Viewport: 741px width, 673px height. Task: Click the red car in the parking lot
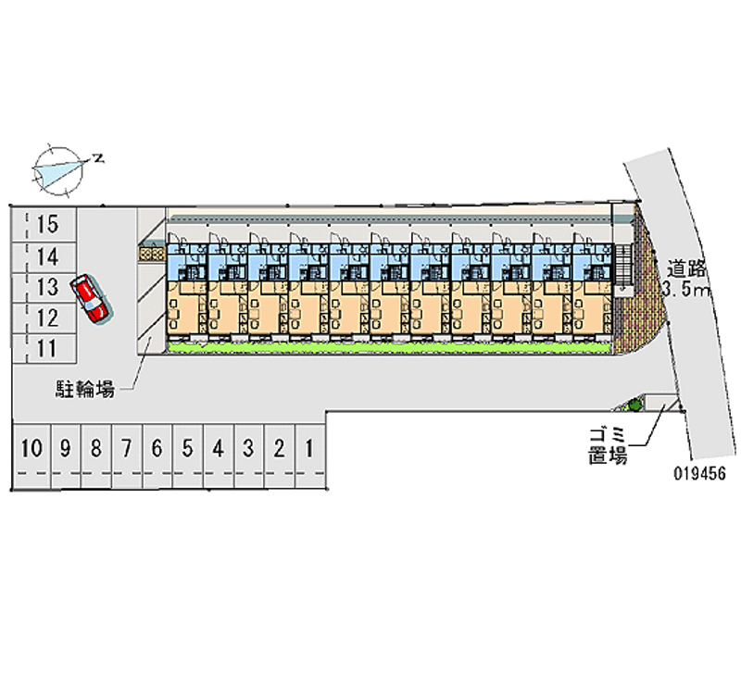pyautogui.click(x=93, y=298)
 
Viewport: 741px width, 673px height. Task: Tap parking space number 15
pyautogui.click(x=48, y=224)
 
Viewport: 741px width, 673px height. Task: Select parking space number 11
pyautogui.click(x=48, y=348)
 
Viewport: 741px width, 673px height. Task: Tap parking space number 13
pyautogui.click(x=48, y=288)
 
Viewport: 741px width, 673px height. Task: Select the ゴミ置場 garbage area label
pyautogui.click(x=608, y=444)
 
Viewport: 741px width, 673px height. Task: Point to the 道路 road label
pyautogui.click(x=687, y=269)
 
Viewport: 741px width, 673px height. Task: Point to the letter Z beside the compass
pyautogui.click(x=97, y=158)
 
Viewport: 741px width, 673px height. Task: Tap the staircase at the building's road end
pyautogui.click(x=622, y=268)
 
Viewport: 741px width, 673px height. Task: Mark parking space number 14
pyautogui.click(x=48, y=256)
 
